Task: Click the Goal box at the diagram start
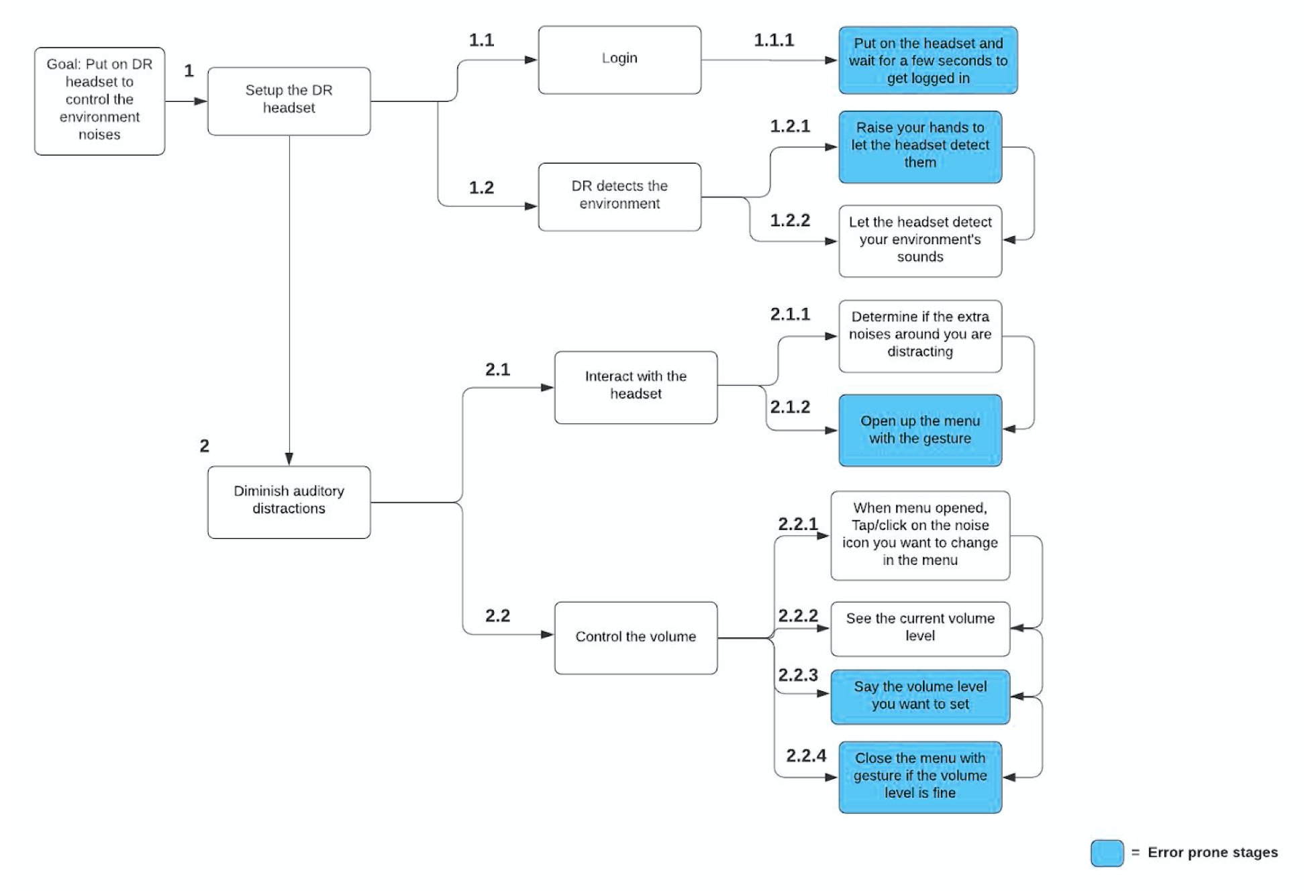(99, 101)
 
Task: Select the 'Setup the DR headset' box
(289, 101)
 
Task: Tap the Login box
(619, 60)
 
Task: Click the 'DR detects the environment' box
(619, 197)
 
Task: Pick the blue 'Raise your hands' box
(919, 146)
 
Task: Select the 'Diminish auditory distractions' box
(289, 501)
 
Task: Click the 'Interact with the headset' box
(635, 386)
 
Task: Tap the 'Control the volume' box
(635, 637)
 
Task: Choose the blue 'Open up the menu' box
(919, 429)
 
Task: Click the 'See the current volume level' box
(919, 628)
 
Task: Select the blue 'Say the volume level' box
(919, 696)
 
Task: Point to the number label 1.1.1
(773, 40)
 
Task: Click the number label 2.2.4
(805, 755)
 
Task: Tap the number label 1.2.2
(789, 220)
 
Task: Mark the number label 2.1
(497, 369)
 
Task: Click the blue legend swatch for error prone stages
(1106, 853)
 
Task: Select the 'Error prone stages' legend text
(1212, 852)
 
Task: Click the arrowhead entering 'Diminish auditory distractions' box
(289, 459)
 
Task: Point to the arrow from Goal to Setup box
(186, 101)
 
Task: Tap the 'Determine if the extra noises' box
(919, 335)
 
